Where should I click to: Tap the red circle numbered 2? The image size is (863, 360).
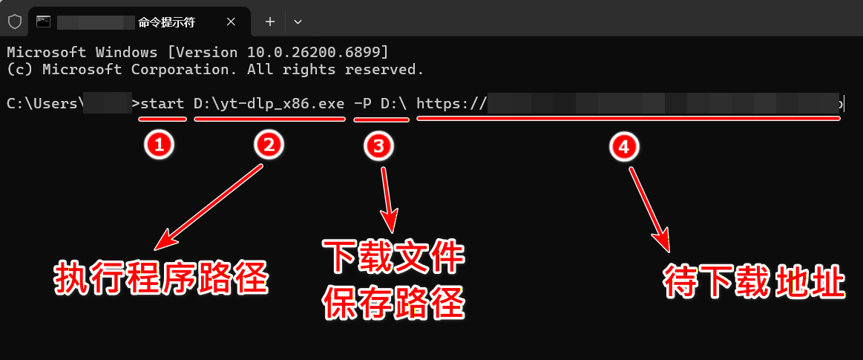point(269,145)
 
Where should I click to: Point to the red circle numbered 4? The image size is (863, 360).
point(624,147)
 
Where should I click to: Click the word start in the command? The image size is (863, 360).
point(162,104)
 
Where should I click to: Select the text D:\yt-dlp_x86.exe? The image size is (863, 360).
point(269,104)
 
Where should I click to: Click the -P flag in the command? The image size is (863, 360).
point(363,104)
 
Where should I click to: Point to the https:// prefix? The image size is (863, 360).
point(451,104)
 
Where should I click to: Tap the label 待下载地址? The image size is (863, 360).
point(753,283)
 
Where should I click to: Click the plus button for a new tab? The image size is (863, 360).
point(270,22)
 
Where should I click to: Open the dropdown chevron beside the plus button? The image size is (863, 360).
point(298,22)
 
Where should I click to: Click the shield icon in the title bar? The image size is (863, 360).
point(14,22)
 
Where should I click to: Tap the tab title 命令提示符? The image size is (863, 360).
point(166,22)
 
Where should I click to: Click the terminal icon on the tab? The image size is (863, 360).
point(44,22)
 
